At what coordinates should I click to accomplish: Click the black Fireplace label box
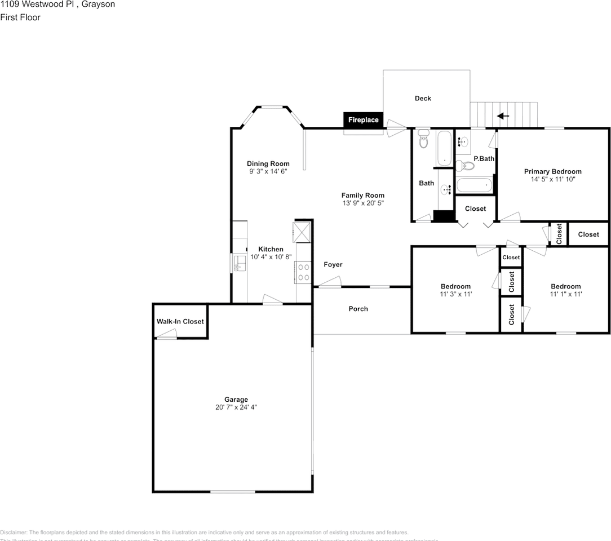click(363, 120)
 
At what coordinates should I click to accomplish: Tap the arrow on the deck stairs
click(503, 117)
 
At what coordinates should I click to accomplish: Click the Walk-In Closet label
click(180, 322)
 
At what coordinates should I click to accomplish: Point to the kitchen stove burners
click(303, 272)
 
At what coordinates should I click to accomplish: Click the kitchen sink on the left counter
click(238, 262)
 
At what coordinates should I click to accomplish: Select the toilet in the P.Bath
click(466, 166)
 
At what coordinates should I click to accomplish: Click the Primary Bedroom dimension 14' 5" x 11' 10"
click(552, 179)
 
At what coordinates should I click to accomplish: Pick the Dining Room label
click(268, 164)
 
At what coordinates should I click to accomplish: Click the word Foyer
click(333, 264)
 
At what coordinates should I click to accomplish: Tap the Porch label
click(358, 309)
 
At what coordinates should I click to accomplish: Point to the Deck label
click(423, 99)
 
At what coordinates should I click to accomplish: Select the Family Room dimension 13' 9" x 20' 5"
click(362, 203)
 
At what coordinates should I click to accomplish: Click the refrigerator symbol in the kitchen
click(302, 231)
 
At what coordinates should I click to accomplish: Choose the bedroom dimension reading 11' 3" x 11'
click(455, 294)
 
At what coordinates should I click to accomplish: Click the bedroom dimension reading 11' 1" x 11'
click(566, 294)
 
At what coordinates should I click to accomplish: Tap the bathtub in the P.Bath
click(473, 185)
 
